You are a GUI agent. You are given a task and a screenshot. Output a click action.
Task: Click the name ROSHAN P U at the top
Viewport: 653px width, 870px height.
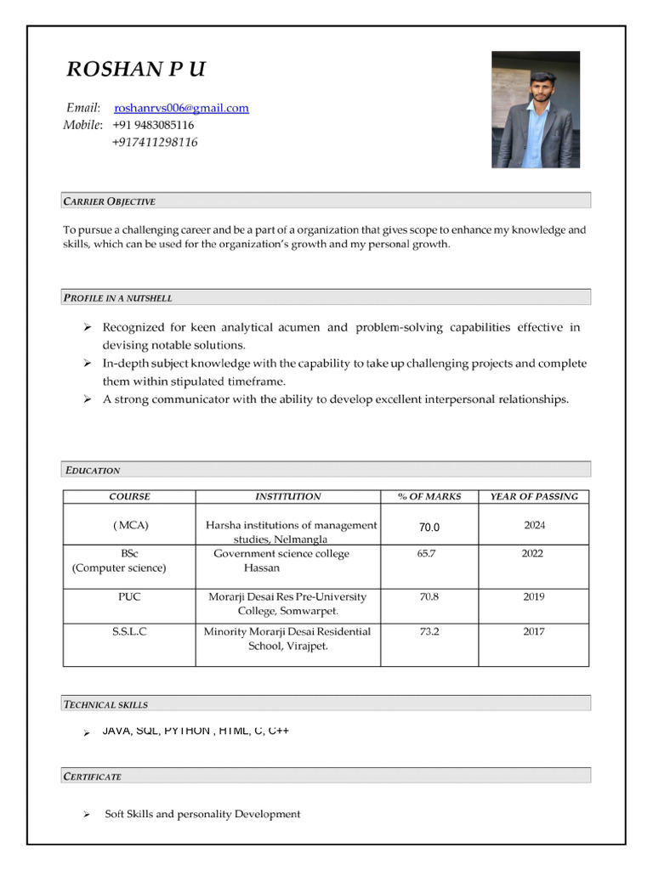click(x=136, y=70)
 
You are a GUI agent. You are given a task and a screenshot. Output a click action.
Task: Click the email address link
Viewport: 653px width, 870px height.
click(x=181, y=108)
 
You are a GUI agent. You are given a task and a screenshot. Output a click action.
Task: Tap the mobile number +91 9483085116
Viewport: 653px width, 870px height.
click(x=153, y=125)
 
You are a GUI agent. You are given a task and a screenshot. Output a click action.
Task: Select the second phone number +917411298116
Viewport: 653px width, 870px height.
click(x=155, y=143)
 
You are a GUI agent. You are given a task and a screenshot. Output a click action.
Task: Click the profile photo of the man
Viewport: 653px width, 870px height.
click(x=536, y=110)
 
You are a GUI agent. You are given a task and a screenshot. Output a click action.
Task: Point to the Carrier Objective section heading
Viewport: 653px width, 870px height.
click(x=110, y=201)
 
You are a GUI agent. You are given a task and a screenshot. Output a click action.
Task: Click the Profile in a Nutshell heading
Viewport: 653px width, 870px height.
click(x=118, y=298)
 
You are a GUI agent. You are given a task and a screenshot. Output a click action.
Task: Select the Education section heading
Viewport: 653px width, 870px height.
click(x=92, y=470)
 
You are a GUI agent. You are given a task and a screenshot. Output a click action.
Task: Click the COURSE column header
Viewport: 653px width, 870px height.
click(x=129, y=496)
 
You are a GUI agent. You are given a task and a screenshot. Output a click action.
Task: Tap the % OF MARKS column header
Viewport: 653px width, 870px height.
click(x=429, y=496)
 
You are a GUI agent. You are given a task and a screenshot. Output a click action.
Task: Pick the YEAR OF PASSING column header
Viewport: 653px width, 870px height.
click(x=533, y=496)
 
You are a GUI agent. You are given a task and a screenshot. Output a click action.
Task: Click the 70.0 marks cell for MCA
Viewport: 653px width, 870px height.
click(x=429, y=528)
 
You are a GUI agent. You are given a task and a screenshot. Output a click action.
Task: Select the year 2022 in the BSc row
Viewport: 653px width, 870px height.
click(x=533, y=554)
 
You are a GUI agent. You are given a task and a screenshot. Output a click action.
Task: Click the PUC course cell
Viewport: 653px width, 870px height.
click(x=129, y=597)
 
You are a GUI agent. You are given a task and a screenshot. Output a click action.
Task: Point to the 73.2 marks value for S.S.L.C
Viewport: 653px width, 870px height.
click(x=429, y=632)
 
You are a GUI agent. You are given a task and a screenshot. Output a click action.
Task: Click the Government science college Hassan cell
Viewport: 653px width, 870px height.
click(x=281, y=561)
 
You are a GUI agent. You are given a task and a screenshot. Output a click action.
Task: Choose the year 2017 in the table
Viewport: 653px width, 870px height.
click(x=533, y=632)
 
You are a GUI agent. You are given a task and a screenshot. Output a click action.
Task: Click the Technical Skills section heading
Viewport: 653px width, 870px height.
click(x=105, y=704)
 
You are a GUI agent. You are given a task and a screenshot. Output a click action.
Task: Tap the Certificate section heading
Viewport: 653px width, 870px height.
click(x=93, y=777)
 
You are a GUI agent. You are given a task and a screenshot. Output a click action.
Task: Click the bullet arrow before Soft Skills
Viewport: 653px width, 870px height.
click(x=87, y=815)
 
